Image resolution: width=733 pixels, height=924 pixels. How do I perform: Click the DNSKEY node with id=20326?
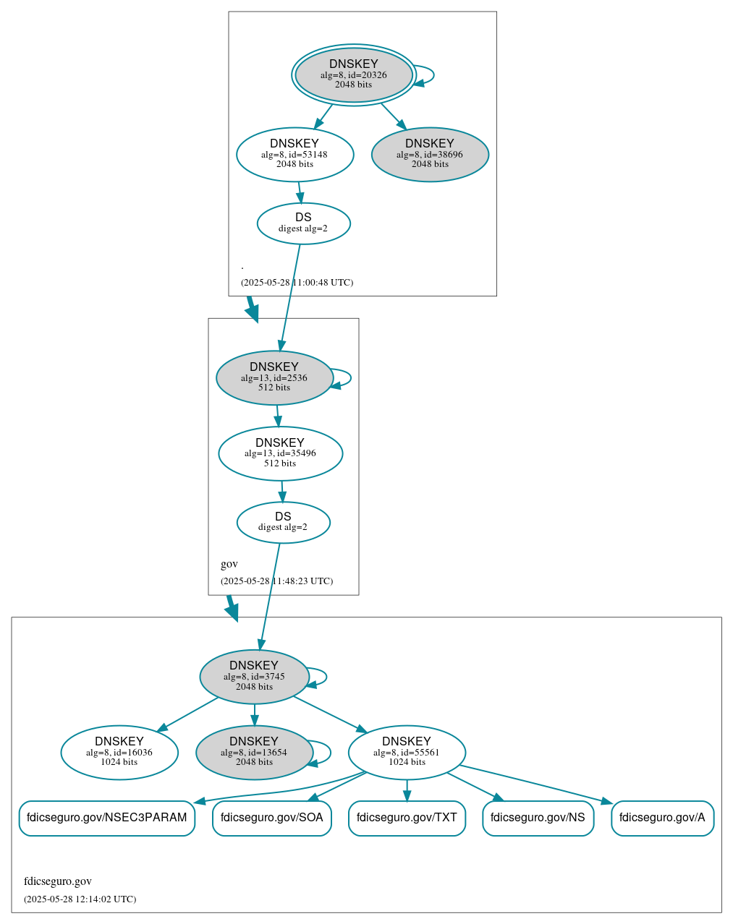354,74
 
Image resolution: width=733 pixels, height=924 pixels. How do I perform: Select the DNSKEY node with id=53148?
295,154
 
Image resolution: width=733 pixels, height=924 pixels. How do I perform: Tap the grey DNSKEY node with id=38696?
430,154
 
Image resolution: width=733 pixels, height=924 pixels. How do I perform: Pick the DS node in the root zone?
303,223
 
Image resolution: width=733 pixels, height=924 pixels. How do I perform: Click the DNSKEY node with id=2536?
274,377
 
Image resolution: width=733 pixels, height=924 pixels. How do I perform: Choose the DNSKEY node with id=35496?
280,453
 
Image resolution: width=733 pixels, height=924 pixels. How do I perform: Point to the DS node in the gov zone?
283,522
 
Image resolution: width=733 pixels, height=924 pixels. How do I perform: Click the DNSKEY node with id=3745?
254,676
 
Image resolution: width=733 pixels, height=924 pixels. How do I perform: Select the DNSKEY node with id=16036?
119,752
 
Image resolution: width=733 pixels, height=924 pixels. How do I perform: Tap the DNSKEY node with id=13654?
254,752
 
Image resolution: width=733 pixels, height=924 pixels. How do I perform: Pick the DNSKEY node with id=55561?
407,752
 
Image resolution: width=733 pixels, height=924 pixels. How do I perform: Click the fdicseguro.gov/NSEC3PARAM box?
106,818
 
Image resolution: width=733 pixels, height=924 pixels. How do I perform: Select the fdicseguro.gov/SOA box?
271,818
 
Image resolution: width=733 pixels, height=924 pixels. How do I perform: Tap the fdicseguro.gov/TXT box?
407,818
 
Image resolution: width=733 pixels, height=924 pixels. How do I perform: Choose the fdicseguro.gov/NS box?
538,818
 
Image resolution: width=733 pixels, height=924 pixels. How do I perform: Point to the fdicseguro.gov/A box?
662,818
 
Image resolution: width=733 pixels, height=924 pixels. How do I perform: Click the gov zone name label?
229,564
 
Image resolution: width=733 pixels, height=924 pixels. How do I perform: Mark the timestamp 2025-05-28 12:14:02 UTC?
80,899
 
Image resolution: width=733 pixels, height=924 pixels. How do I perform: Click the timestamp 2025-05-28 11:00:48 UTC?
297,283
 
